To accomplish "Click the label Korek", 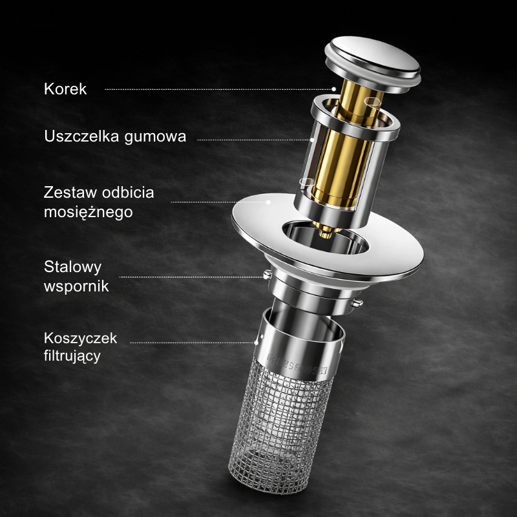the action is (65, 89).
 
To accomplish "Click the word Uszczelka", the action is (81, 136).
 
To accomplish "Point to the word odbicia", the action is (128, 192).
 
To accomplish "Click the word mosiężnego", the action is (89, 213).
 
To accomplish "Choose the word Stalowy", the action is (73, 268).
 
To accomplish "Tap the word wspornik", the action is (76, 286).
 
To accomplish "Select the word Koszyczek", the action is (80, 338).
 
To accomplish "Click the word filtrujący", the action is (72, 357).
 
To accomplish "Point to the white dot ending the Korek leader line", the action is (333, 89).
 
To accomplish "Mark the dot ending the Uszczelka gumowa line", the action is (312, 140).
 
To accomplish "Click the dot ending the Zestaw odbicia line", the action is (268, 202).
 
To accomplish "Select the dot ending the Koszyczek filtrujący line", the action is (256, 343).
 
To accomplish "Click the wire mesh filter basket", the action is (280, 428).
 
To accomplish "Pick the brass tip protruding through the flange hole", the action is (326, 231).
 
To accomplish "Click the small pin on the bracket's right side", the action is (357, 302).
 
